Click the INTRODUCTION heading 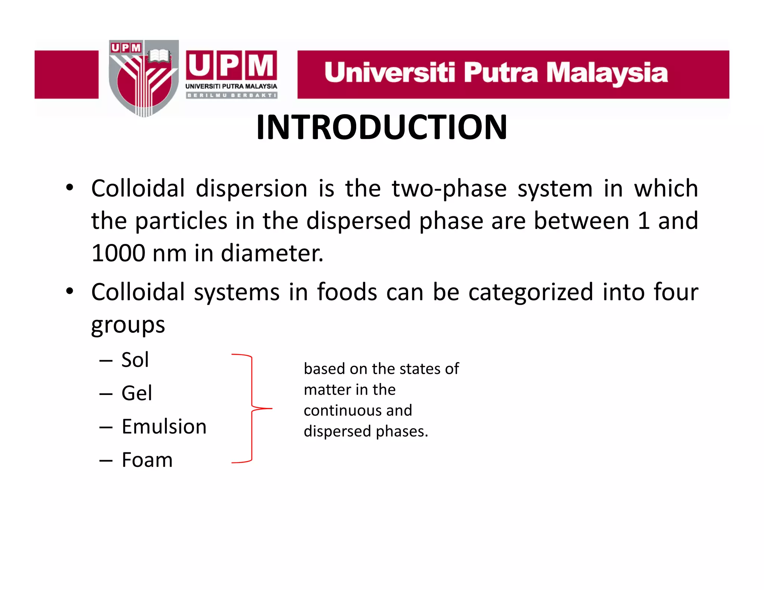[381, 128]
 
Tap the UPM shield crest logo [144, 78]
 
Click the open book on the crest [159, 57]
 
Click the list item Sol [135, 360]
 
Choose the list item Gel [137, 393]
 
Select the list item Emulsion [164, 426]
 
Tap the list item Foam [147, 460]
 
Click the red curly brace [252, 408]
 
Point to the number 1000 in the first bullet [118, 253]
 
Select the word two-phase [449, 188]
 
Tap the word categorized [530, 292]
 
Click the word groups [128, 325]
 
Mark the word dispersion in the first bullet [251, 188]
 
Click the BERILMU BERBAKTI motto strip [231, 95]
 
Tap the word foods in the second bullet [347, 292]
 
